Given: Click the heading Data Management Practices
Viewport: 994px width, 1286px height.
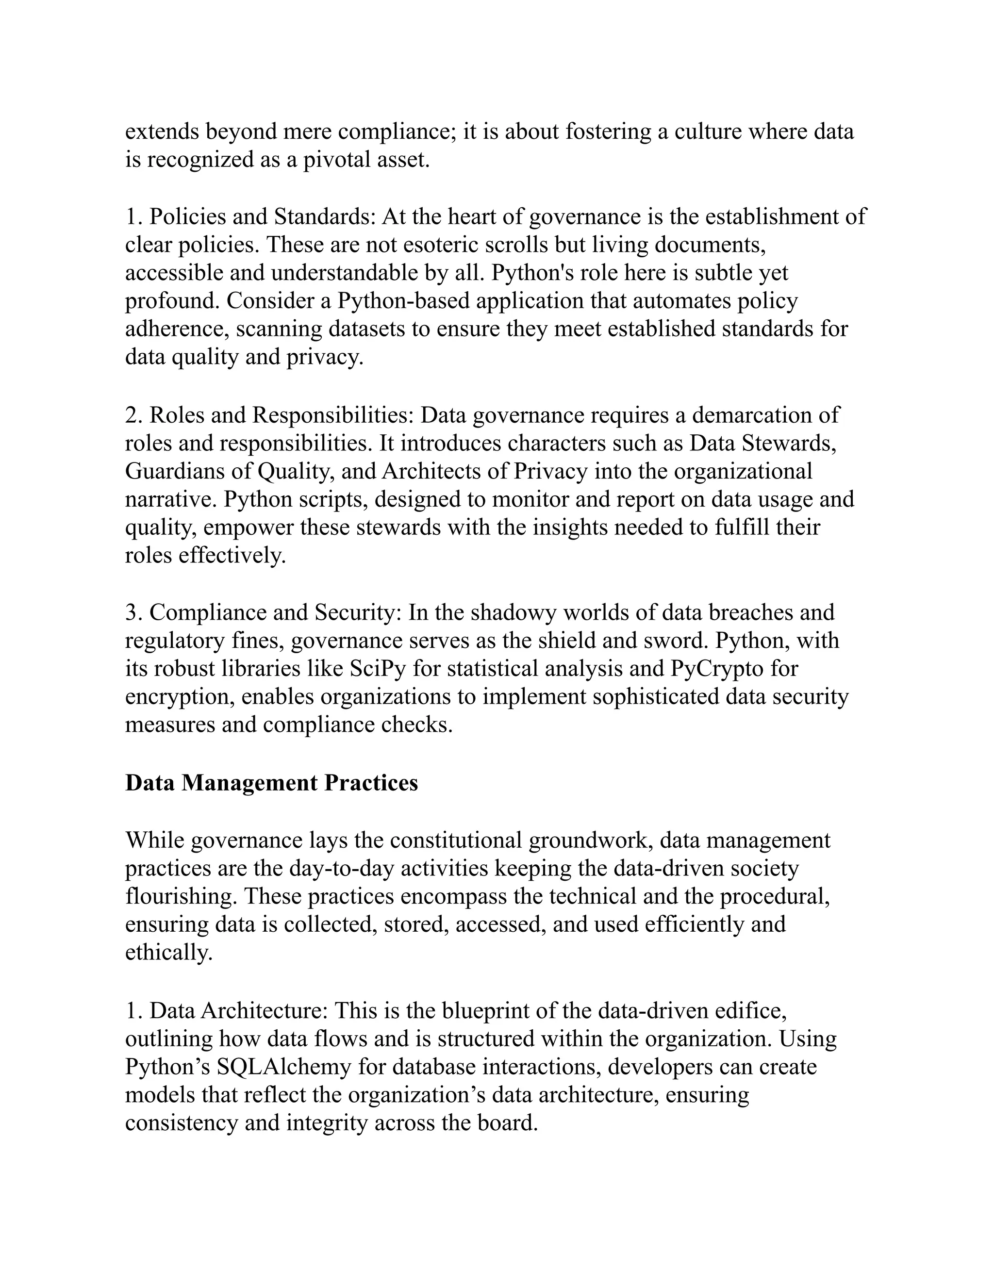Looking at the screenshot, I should tap(271, 783).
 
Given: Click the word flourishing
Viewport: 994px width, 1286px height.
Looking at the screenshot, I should tap(181, 897).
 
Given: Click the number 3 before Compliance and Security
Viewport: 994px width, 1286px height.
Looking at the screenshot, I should tap(131, 613).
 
